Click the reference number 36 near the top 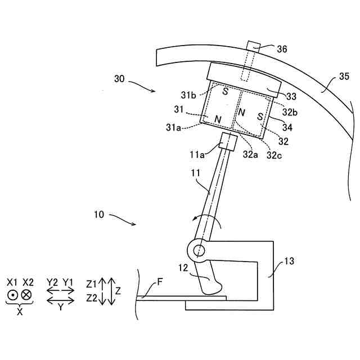click(282, 49)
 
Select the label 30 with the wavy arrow click(119, 79)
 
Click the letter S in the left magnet click(224, 91)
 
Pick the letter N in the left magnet click(218, 119)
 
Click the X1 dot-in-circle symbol click(12, 294)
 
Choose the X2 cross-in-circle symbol click(27, 294)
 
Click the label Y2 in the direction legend click(53, 281)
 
